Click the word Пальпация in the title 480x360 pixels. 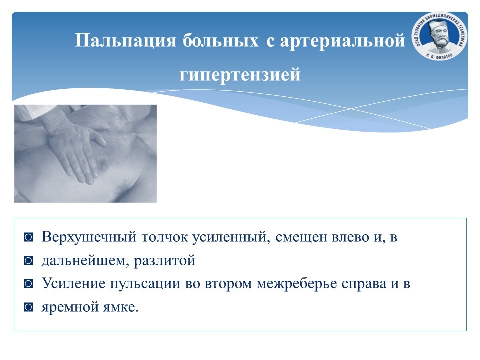[126, 41]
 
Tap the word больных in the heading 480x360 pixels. [220, 40]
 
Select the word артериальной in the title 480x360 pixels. [342, 41]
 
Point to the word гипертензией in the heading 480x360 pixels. [240, 74]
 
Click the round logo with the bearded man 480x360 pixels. [440, 36]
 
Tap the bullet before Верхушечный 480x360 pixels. [28, 237]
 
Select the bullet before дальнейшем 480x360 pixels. [28, 261]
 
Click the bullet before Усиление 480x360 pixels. [28, 284]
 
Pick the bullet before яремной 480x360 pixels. [28, 307]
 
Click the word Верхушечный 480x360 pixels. [89, 237]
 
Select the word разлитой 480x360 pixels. [165, 261]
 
